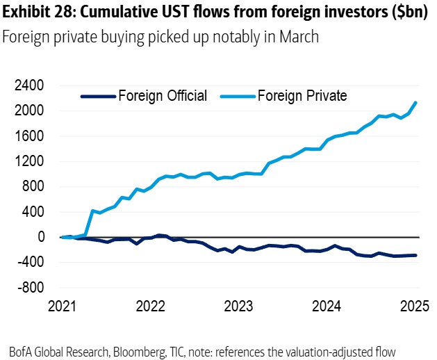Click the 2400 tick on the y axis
pyautogui.click(x=30, y=85)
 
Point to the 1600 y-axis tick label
pyautogui.click(x=30, y=136)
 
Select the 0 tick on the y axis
pyautogui.click(x=40, y=237)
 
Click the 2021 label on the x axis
pyautogui.click(x=63, y=306)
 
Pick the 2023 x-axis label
pyautogui.click(x=238, y=306)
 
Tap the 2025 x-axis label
pyautogui.click(x=415, y=306)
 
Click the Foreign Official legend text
pyautogui.click(x=162, y=96)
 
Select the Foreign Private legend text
pyautogui.click(x=302, y=96)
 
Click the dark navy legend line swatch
pyautogui.click(x=97, y=97)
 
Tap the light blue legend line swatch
pyautogui.click(x=237, y=97)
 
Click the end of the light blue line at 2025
pyautogui.click(x=415, y=103)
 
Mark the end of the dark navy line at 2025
pyautogui.click(x=415, y=255)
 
